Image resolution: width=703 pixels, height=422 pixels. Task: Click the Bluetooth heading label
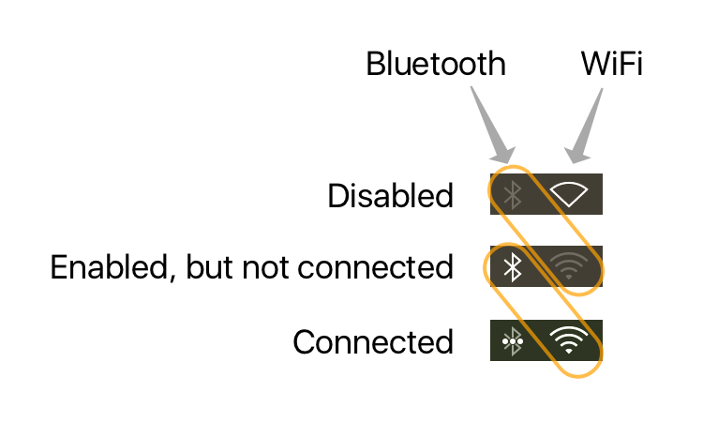[435, 65]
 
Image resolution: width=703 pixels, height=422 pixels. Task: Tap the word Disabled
[390, 196]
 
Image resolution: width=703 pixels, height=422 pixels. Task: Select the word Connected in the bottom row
[373, 341]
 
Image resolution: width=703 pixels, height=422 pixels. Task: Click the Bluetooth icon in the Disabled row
[512, 194]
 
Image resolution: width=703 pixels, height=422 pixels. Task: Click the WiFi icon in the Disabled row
[569, 194]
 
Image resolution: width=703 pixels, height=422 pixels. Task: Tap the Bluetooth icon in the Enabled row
[512, 267]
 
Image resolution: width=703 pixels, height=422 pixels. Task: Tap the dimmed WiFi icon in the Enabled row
[569, 267]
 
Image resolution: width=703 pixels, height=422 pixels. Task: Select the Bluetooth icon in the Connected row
[512, 340]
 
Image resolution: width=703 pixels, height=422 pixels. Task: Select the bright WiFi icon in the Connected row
[569, 340]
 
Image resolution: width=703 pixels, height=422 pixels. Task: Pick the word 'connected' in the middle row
[375, 268]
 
